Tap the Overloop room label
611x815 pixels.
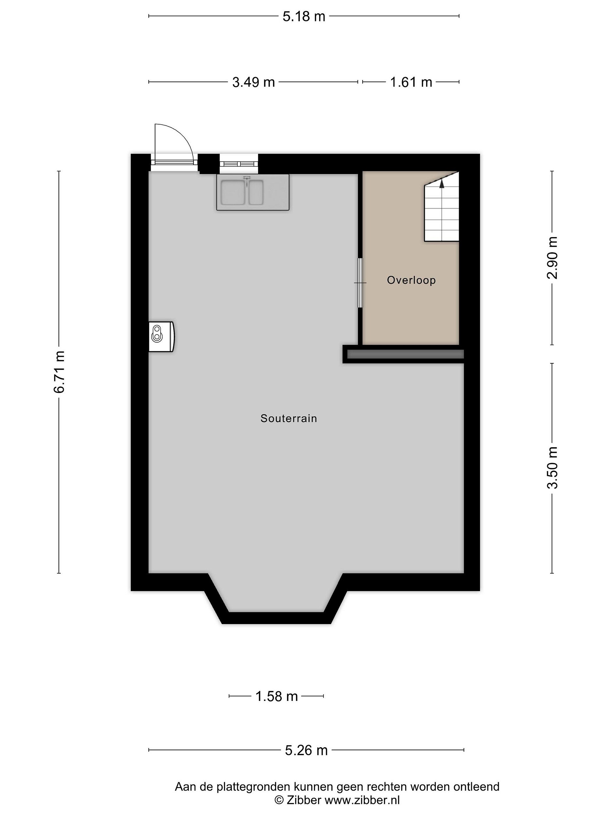pyautogui.click(x=411, y=280)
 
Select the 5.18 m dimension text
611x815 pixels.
pyautogui.click(x=304, y=17)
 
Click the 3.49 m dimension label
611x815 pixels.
pyautogui.click(x=253, y=82)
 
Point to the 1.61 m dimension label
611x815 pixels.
pyautogui.click(x=411, y=82)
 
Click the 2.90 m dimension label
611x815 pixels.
pyautogui.click(x=552, y=258)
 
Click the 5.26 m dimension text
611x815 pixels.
pyautogui.click(x=306, y=750)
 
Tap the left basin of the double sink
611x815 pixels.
pyautogui.click(x=233, y=193)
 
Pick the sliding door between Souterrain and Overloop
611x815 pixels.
pyautogui.click(x=360, y=283)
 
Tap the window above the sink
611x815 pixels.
pyautogui.click(x=239, y=163)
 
